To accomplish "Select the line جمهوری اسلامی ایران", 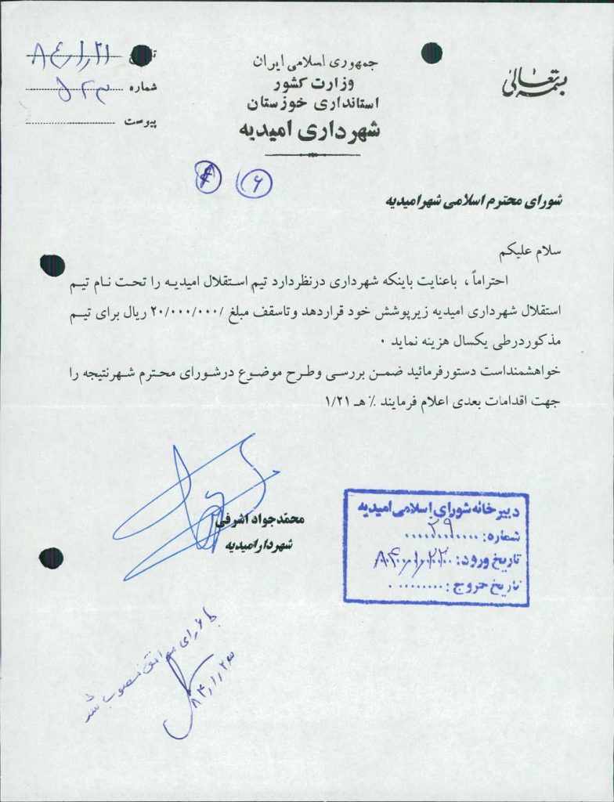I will pos(313,60).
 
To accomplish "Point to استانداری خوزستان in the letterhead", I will pos(312,102).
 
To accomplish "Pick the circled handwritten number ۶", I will pos(252,184).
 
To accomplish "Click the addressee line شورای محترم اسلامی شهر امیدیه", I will pos(475,200).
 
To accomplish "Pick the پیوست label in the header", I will pos(140,122).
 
